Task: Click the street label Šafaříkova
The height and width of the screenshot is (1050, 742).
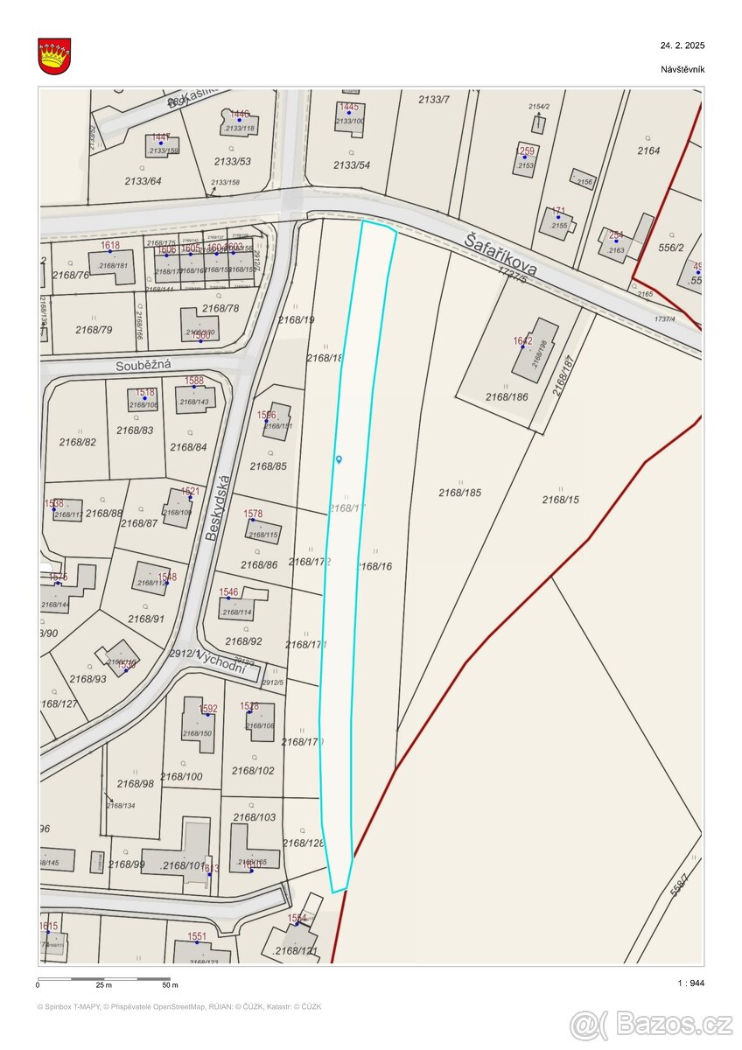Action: click(501, 254)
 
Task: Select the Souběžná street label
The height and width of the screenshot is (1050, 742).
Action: click(143, 365)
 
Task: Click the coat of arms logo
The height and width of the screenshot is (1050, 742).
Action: click(54, 56)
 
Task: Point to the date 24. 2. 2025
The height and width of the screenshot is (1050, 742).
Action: click(682, 45)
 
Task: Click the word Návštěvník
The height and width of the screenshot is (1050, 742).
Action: click(682, 69)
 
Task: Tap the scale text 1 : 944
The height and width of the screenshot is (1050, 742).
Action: click(690, 983)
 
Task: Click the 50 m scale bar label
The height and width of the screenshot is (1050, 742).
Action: click(170, 985)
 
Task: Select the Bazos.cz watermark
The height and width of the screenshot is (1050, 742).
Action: click(651, 1024)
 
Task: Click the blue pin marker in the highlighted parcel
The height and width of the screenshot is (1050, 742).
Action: click(339, 458)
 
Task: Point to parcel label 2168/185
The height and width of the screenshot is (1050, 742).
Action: click(460, 493)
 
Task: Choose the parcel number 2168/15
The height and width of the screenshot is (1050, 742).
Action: click(560, 500)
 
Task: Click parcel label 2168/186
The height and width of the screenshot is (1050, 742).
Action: click(507, 396)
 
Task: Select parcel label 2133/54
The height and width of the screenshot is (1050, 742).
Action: click(352, 164)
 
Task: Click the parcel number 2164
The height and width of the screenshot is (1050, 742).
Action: click(648, 150)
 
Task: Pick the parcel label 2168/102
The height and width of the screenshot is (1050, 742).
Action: click(253, 771)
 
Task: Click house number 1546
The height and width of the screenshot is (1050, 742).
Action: click(228, 592)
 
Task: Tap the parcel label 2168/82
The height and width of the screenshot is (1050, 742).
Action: click(77, 442)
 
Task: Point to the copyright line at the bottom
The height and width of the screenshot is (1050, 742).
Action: click(179, 1006)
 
